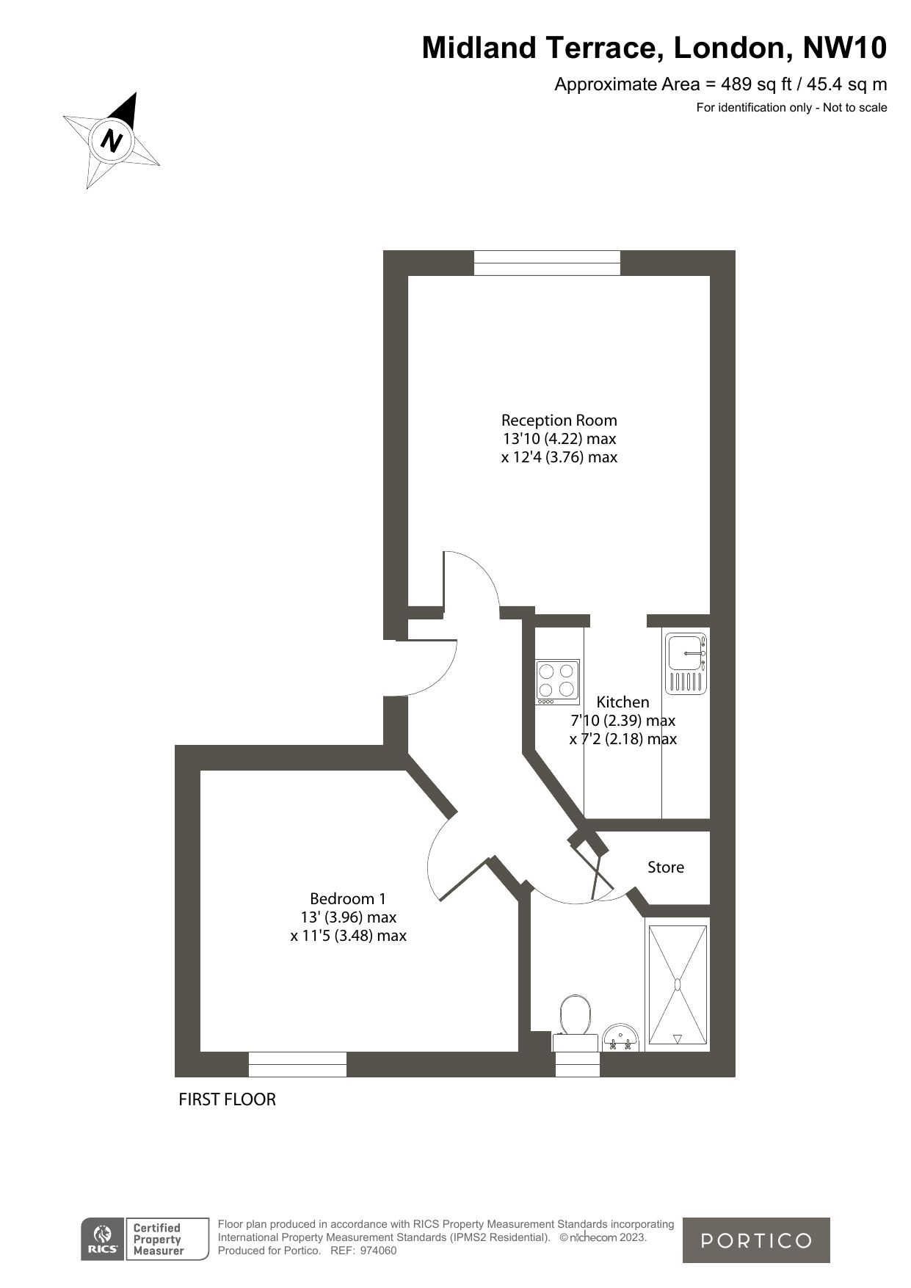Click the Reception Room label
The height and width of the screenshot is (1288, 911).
click(559, 421)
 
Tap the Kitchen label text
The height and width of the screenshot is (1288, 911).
click(623, 702)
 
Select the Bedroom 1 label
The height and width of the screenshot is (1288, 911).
click(348, 898)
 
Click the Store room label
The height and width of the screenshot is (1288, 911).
click(665, 867)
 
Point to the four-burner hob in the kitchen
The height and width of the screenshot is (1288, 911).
click(557, 680)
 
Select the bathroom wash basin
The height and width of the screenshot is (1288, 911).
click(620, 1038)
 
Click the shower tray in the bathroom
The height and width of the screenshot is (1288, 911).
click(677, 983)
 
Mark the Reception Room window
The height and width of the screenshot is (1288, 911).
click(547, 263)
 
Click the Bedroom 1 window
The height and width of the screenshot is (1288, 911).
click(297, 1064)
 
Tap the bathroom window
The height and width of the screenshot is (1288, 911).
click(577, 1065)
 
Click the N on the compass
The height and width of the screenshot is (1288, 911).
click(112, 139)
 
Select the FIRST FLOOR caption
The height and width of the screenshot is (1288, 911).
click(228, 1099)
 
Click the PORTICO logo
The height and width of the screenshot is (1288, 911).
click(756, 1240)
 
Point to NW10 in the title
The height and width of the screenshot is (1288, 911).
click(845, 48)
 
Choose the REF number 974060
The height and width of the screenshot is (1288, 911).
click(380, 1251)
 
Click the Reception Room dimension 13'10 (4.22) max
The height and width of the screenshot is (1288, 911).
click(559, 439)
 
